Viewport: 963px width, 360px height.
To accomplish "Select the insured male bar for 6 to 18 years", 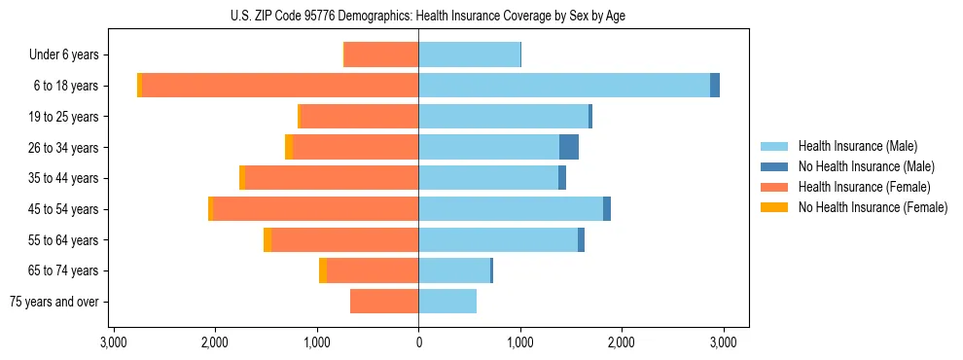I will click(x=564, y=86).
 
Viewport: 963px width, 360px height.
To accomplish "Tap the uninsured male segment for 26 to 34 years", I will click(x=569, y=147).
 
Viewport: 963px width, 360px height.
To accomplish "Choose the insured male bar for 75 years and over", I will click(x=447, y=302).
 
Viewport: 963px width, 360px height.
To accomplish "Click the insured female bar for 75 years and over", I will click(x=384, y=302).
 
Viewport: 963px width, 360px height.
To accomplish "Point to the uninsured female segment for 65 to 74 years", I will click(x=323, y=270).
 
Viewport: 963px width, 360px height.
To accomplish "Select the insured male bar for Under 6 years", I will click(x=469, y=54).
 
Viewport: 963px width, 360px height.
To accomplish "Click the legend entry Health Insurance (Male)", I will click(x=857, y=146).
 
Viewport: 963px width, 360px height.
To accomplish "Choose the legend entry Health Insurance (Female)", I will click(x=864, y=187).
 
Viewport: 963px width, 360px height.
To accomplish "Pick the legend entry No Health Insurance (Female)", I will click(x=873, y=207).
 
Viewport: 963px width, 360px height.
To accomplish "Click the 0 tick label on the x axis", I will click(x=418, y=342).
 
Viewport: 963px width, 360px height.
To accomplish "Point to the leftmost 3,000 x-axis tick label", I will click(x=113, y=342).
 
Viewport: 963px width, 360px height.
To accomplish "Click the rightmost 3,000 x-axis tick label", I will click(x=723, y=342).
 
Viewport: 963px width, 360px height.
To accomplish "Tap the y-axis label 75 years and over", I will click(x=54, y=302).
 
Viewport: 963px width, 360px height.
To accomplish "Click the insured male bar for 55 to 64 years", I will click(x=498, y=240).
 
